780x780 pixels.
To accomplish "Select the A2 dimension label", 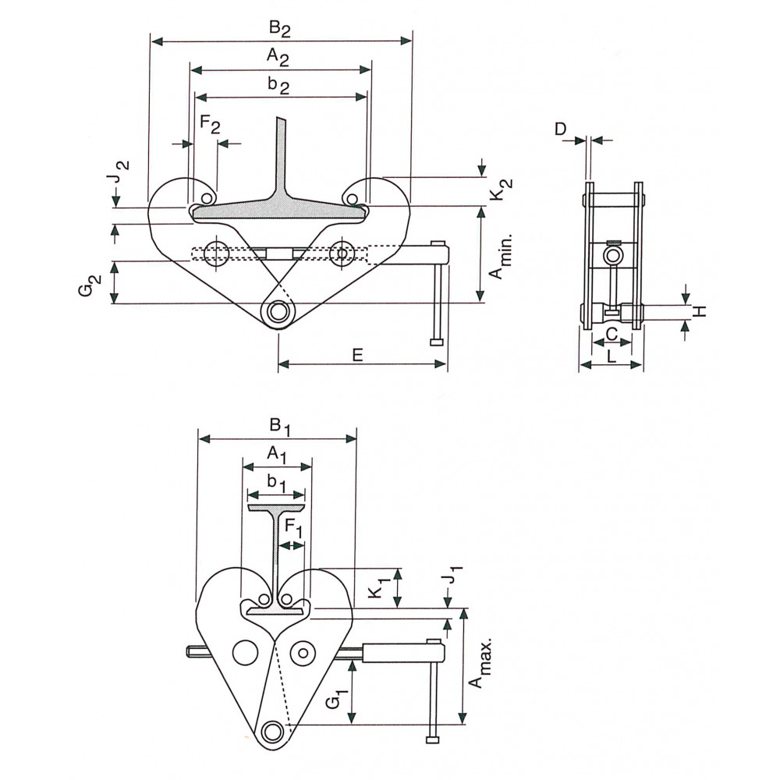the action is (278, 56).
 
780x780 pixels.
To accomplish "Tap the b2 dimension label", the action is (278, 85).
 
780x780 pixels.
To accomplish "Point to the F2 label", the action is (209, 123).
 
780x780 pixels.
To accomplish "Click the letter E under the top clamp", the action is (357, 355).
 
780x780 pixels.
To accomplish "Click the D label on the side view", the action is (561, 129).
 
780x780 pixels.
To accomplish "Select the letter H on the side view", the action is (700, 311).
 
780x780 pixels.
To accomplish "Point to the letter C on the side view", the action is (612, 334).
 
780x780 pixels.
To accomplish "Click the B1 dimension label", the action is (279, 427).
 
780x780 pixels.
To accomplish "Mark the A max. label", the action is (479, 662).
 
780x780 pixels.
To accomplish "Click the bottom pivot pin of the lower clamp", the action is (272, 732).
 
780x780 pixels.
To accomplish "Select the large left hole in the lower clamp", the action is (245, 651).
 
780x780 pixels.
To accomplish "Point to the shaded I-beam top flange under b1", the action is (276, 508).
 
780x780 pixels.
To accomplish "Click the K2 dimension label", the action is (501, 190).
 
